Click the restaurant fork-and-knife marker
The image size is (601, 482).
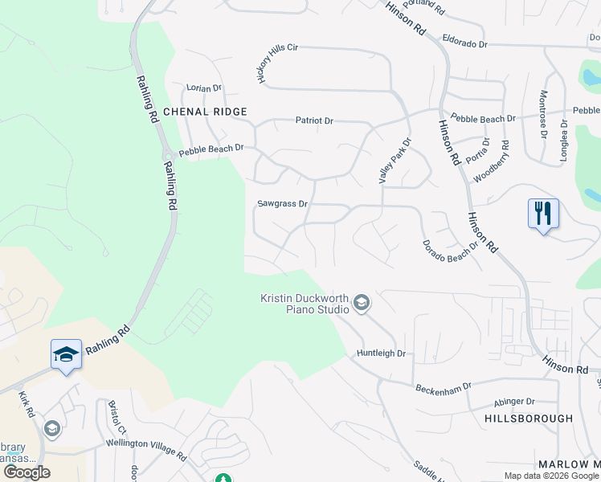(x=543, y=214)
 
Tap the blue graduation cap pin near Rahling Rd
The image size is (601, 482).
(x=66, y=354)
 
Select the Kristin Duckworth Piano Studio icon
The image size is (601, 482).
(x=362, y=303)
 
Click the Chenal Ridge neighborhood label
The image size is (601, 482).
(x=205, y=111)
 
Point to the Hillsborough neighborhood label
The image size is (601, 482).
(x=529, y=419)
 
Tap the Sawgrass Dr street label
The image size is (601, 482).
(x=282, y=204)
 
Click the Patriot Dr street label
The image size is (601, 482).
(x=313, y=120)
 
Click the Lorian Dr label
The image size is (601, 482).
(x=203, y=88)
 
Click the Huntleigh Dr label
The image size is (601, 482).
(x=382, y=353)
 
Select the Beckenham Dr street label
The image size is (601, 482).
(x=443, y=389)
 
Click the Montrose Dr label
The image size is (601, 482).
(x=543, y=106)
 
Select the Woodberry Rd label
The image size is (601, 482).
(x=491, y=162)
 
